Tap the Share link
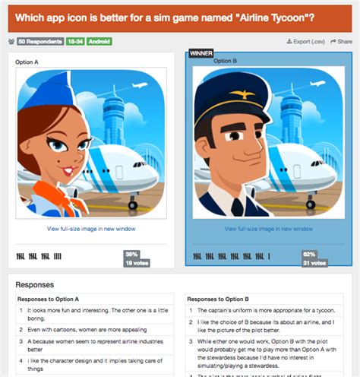coord(342,41)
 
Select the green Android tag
coord(99,41)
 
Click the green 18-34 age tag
coord(74,41)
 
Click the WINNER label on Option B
coord(201,54)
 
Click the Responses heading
coord(35,284)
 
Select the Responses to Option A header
coord(49,299)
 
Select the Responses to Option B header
coord(216,299)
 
